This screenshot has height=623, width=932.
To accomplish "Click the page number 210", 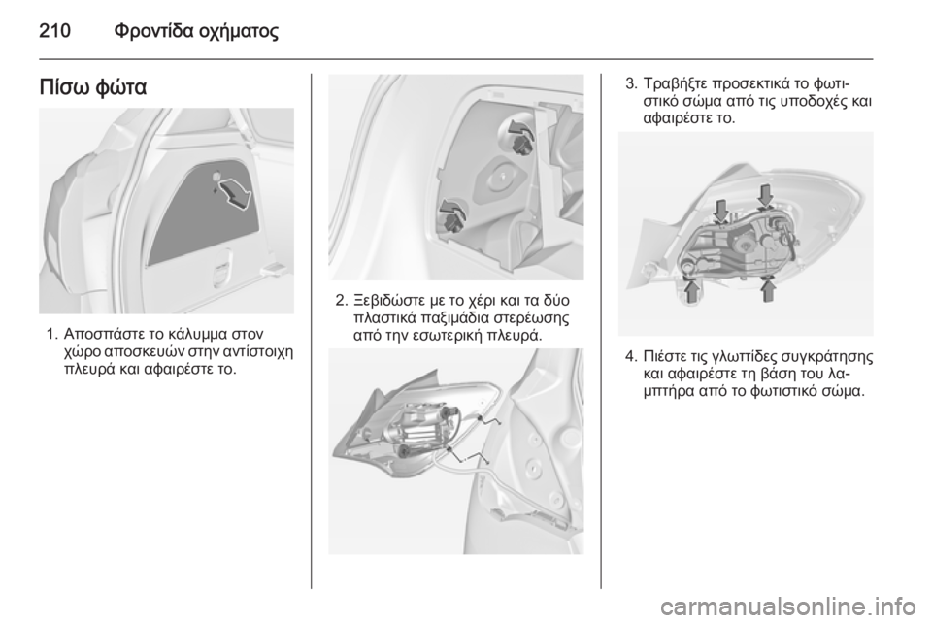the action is [x=54, y=30].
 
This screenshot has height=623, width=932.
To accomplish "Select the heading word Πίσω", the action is [x=63, y=88].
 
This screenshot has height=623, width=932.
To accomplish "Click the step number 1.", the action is [x=50, y=333].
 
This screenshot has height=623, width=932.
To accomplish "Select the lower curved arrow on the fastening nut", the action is [x=452, y=209].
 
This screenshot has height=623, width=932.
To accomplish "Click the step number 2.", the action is [x=340, y=301].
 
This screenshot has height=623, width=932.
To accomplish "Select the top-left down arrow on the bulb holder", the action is [x=721, y=211].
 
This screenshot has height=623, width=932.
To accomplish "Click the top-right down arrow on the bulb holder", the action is [x=766, y=195].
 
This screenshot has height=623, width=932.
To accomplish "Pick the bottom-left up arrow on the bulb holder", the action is [x=691, y=291].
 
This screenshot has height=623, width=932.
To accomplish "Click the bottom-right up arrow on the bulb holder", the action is [x=769, y=290].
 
